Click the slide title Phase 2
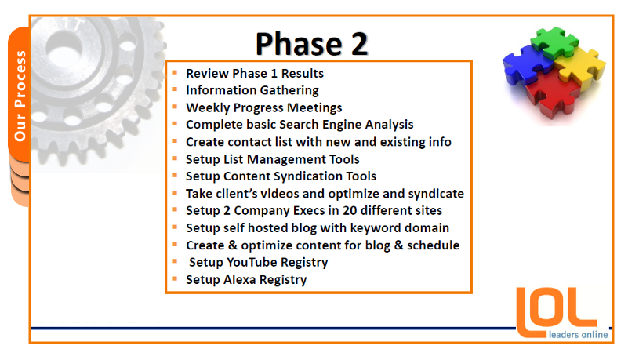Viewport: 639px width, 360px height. tap(312, 44)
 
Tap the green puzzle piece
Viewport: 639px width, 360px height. tap(554, 42)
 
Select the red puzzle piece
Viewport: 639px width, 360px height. tap(553, 93)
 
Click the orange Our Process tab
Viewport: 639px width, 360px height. tap(19, 95)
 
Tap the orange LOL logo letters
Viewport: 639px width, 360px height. tap(557, 312)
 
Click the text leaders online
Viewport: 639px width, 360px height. tap(579, 335)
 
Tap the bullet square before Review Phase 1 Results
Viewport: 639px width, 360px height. tap(175, 73)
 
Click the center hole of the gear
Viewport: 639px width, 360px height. tap(64, 45)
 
